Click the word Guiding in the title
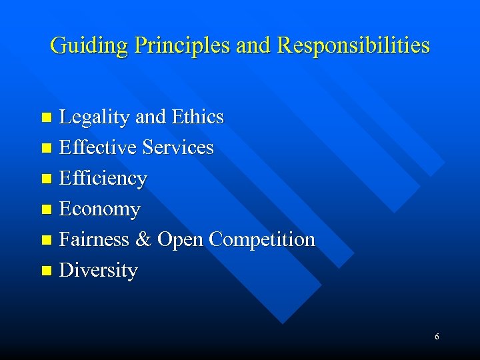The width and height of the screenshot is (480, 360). pyautogui.click(x=89, y=46)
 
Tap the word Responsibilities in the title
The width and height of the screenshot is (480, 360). pyautogui.click(x=353, y=46)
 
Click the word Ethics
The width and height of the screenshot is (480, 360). pyautogui.click(x=197, y=117)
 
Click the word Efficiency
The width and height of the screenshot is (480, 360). pyautogui.click(x=103, y=179)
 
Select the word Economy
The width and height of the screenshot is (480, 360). pyautogui.click(x=100, y=209)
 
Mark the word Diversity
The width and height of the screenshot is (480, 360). pyautogui.click(x=99, y=270)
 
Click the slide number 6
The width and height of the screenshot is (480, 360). pyautogui.click(x=437, y=337)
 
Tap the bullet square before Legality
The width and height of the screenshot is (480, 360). pyautogui.click(x=46, y=118)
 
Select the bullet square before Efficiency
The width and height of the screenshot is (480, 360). pyautogui.click(x=46, y=179)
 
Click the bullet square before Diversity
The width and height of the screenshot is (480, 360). pyautogui.click(x=46, y=271)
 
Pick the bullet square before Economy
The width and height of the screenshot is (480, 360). pyautogui.click(x=46, y=210)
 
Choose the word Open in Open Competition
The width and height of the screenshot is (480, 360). pyautogui.click(x=181, y=239)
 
